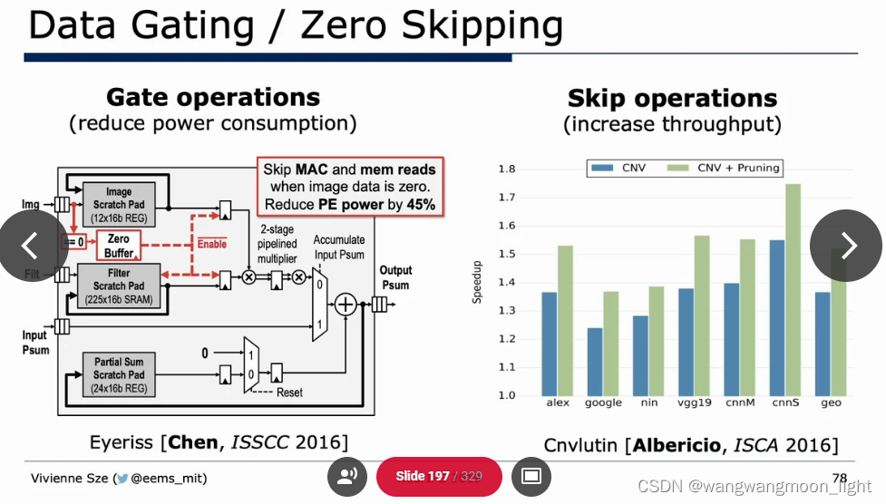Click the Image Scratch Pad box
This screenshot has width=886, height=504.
coord(119,205)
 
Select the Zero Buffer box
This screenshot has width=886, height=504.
coord(119,247)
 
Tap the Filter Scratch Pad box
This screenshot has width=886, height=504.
coord(119,286)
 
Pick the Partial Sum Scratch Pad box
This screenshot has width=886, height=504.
coord(119,374)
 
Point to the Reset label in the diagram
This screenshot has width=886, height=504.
coord(289,393)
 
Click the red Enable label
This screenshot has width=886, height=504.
coord(211,244)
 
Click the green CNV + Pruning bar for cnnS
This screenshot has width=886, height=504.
coord(794,289)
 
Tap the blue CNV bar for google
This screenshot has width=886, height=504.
coord(594,361)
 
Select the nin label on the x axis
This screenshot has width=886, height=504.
coord(648,402)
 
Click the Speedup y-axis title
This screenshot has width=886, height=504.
coord(478,283)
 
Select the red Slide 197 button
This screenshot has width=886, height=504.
coord(438,476)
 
